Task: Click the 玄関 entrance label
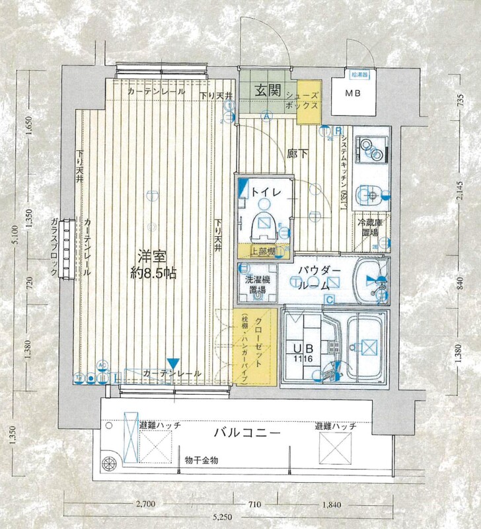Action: [268, 90]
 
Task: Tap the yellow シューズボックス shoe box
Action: [308, 101]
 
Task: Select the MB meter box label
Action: [353, 93]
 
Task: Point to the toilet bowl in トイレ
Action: [264, 225]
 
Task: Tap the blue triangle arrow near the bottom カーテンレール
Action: [172, 363]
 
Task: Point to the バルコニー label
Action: [248, 433]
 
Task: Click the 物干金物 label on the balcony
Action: [202, 460]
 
